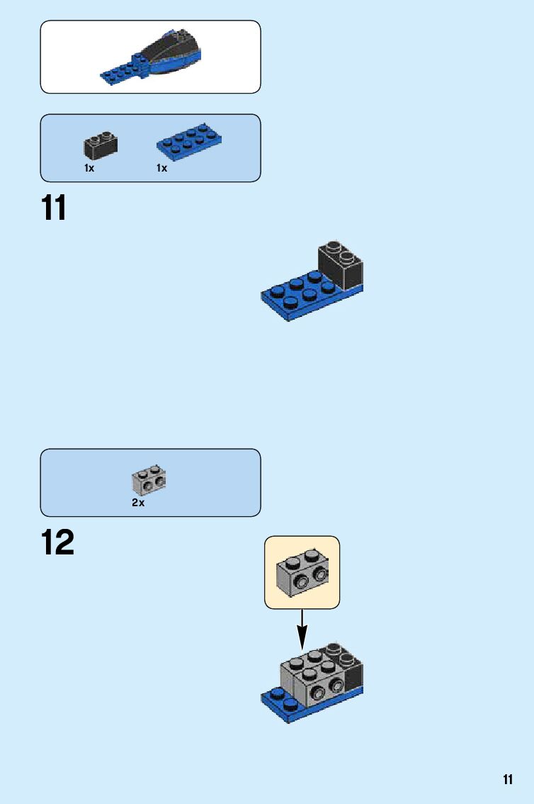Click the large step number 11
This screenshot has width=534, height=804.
click(x=54, y=208)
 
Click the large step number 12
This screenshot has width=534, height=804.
click(x=57, y=542)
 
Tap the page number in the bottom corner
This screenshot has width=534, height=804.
click(x=508, y=780)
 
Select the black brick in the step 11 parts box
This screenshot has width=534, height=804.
click(x=101, y=146)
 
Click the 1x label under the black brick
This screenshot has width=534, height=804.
click(x=89, y=169)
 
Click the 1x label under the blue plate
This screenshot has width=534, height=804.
click(x=162, y=169)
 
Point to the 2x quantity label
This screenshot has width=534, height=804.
click(x=138, y=503)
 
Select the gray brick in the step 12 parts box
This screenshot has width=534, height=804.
click(x=149, y=480)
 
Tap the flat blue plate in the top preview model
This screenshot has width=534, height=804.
click(x=124, y=71)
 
